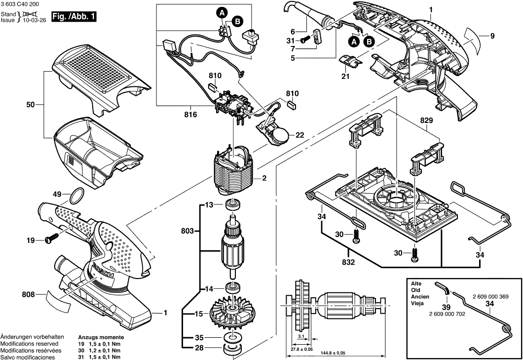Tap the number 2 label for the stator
(264, 178)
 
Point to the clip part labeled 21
(351, 63)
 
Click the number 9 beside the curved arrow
(492, 35)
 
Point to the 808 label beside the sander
(29, 295)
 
